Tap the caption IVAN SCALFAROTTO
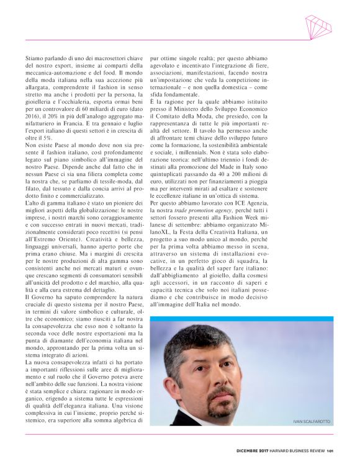[312, 422]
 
